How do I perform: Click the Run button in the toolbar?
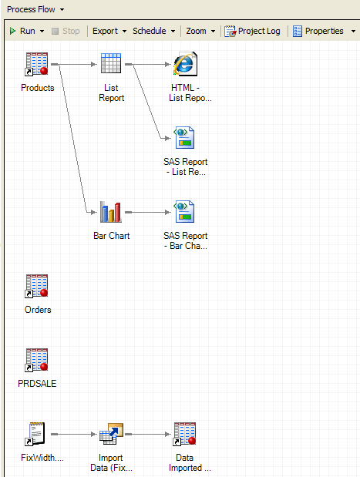(25, 32)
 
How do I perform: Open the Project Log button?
(253, 32)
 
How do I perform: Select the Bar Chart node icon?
(111, 212)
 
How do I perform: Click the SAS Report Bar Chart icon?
(185, 212)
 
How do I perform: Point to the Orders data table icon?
(37, 286)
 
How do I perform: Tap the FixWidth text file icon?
(37, 434)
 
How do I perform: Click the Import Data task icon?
(111, 434)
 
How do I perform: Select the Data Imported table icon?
(185, 434)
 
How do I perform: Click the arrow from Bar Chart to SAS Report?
(146, 212)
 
